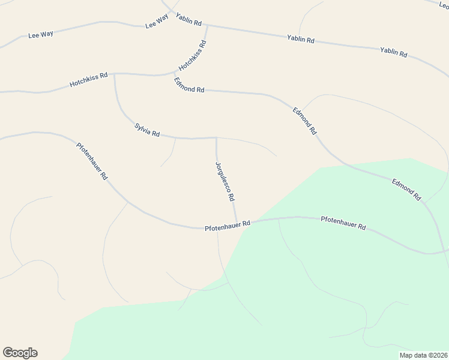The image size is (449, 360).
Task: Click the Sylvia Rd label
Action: (147, 130)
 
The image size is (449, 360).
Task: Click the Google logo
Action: (20, 353)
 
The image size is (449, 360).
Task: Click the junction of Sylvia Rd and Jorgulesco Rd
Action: (216, 137)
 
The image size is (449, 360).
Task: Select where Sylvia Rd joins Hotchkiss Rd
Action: (114, 74)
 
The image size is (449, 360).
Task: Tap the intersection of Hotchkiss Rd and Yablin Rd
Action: (208, 25)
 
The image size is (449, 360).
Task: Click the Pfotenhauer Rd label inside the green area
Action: (343, 223)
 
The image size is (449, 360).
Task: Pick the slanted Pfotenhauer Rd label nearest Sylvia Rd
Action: (92, 161)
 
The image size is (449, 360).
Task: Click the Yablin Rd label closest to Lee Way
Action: (188, 19)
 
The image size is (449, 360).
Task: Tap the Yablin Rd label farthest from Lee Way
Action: (394, 52)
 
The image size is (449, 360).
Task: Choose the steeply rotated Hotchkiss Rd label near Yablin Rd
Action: (192, 56)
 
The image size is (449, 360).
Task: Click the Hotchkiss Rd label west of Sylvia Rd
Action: (88, 80)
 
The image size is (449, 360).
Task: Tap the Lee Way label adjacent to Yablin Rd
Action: (157, 22)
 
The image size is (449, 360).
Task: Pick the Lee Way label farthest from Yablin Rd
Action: (41, 34)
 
